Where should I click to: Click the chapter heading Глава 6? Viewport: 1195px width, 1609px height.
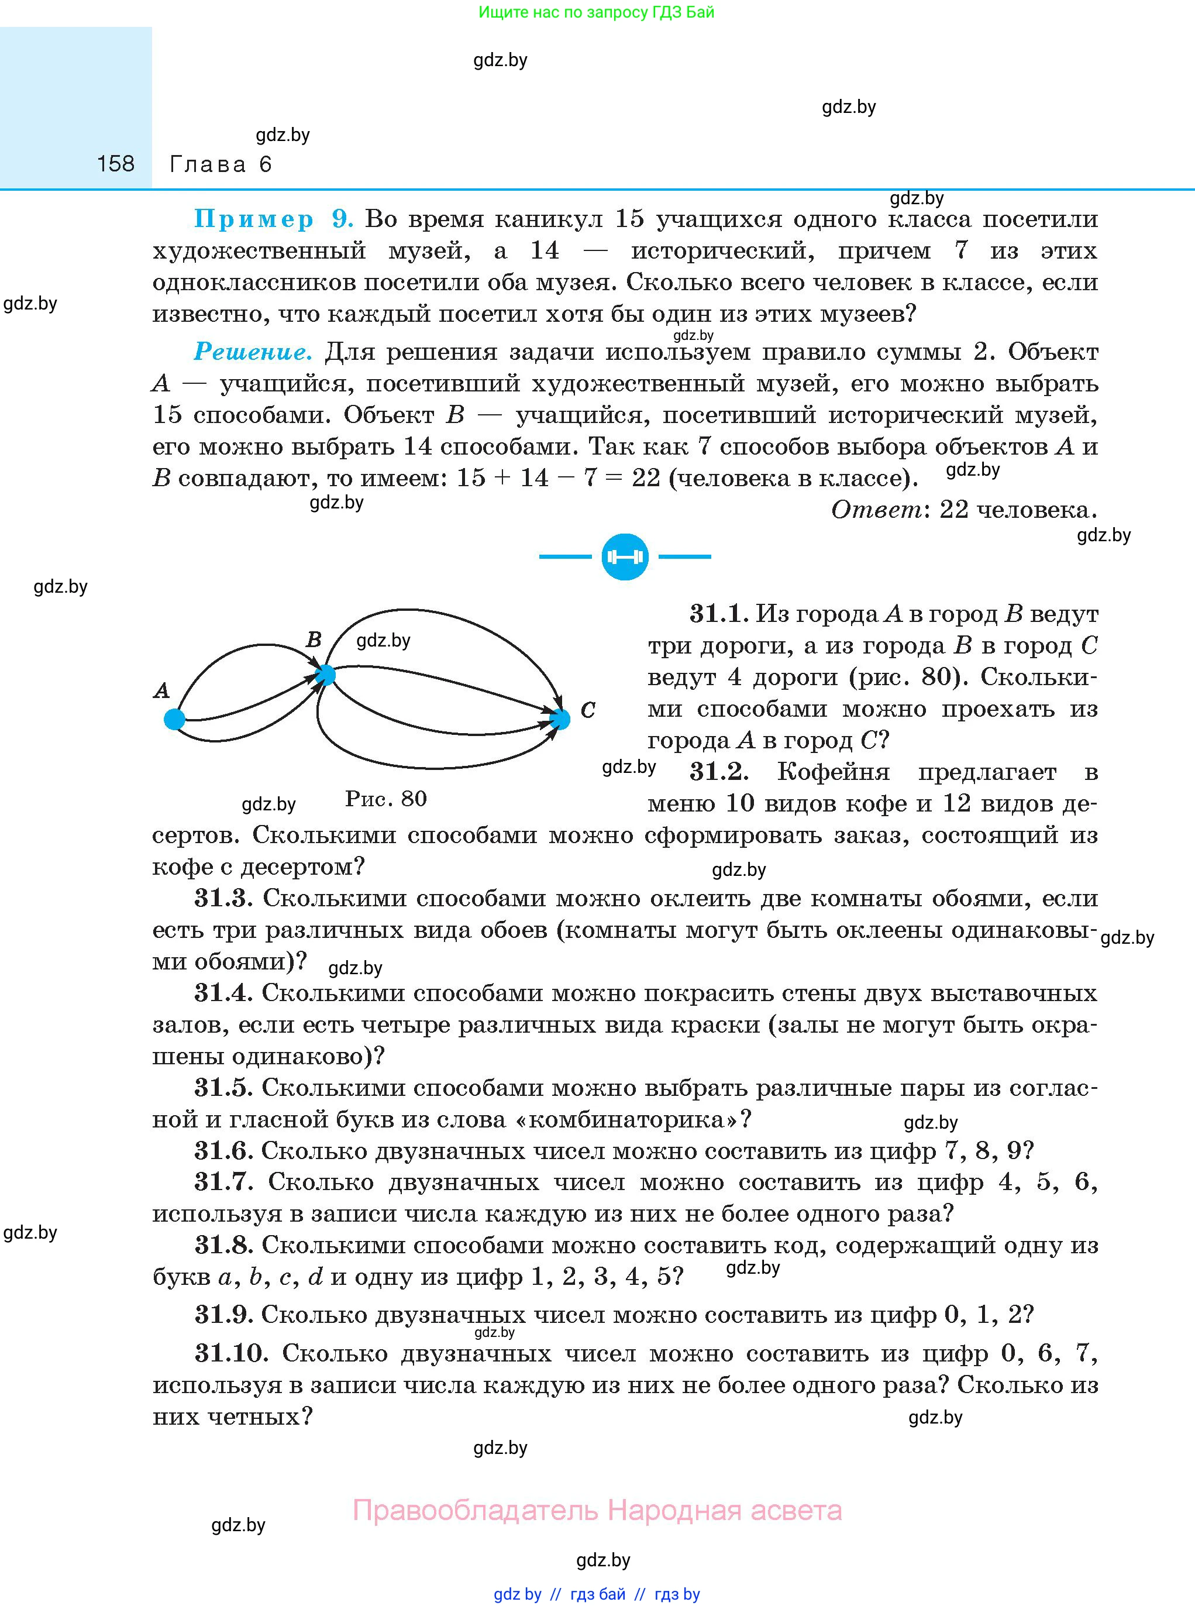coord(221,164)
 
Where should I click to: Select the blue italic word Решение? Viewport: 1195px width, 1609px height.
coord(253,352)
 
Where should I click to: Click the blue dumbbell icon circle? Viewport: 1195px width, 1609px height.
coord(625,556)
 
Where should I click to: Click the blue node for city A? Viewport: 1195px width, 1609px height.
coord(174,719)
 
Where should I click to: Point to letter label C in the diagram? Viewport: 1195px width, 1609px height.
coord(588,710)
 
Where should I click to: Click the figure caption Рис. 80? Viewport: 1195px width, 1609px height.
coord(385,799)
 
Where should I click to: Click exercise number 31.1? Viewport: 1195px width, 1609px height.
coord(715,614)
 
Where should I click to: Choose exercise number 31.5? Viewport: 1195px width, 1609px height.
coord(223,1087)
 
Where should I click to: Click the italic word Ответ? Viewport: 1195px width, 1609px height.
coord(875,510)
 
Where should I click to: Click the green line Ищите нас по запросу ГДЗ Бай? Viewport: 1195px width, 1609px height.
coord(597,12)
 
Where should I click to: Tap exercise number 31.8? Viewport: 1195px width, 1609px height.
coord(223,1245)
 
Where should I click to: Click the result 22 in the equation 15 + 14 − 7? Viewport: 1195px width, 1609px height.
coord(646,478)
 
